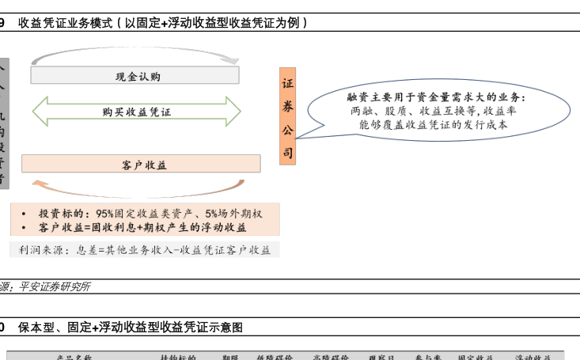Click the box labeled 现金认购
coord(135,76)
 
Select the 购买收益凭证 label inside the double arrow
coord(136,112)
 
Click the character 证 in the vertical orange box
coord(287,83)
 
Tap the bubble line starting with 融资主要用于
coord(437,97)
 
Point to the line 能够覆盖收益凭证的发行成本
coord(434,125)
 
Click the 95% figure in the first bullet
coord(104,214)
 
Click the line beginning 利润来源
coord(145,250)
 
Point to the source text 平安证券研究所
coord(54,286)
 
